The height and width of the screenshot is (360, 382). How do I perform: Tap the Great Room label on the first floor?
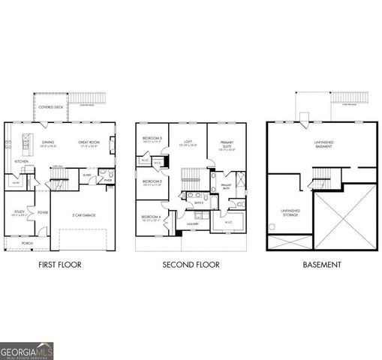click(89, 142)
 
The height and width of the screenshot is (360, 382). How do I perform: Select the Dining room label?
click(48, 142)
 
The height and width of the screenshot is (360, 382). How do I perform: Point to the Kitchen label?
click(22, 161)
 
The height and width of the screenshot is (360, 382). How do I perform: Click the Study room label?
click(19, 212)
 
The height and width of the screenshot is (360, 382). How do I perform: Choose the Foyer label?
click(43, 212)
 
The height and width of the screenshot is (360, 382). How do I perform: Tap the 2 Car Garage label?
click(83, 215)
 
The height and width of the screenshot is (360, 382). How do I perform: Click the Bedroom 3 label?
click(152, 139)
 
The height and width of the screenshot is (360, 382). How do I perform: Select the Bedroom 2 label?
click(152, 181)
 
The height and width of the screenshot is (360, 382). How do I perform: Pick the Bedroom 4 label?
click(152, 218)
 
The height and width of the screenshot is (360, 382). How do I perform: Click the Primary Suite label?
click(227, 145)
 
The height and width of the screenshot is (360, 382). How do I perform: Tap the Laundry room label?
click(192, 224)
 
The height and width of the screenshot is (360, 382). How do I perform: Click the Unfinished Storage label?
click(289, 213)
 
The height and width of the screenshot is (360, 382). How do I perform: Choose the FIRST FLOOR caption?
click(59, 265)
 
